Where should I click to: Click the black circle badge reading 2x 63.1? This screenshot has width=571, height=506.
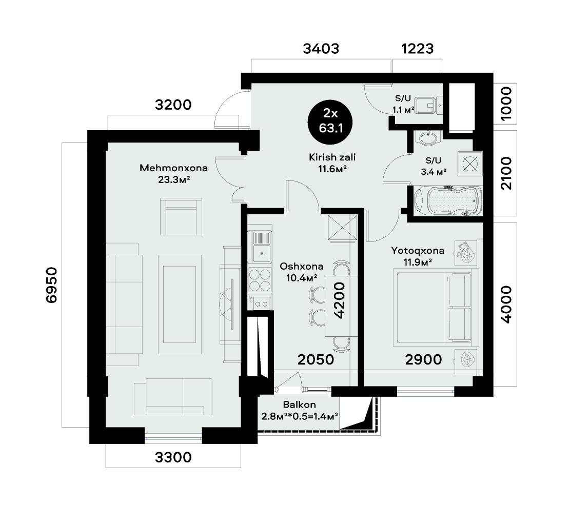[x=330, y=121]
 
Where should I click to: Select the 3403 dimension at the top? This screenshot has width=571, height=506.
[x=321, y=49]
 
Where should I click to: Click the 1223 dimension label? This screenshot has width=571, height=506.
[x=417, y=49]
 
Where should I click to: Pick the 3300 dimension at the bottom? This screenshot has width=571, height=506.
[x=173, y=457]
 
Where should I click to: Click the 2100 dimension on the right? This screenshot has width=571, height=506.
[x=506, y=174]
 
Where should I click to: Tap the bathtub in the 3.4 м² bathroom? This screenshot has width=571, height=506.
[x=447, y=202]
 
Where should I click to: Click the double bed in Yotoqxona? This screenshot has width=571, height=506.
[x=436, y=308]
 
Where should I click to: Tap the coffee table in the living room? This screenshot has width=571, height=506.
[x=180, y=303]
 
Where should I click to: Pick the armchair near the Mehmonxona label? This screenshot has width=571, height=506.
[x=181, y=215]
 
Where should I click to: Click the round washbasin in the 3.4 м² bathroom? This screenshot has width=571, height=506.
[x=426, y=138]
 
